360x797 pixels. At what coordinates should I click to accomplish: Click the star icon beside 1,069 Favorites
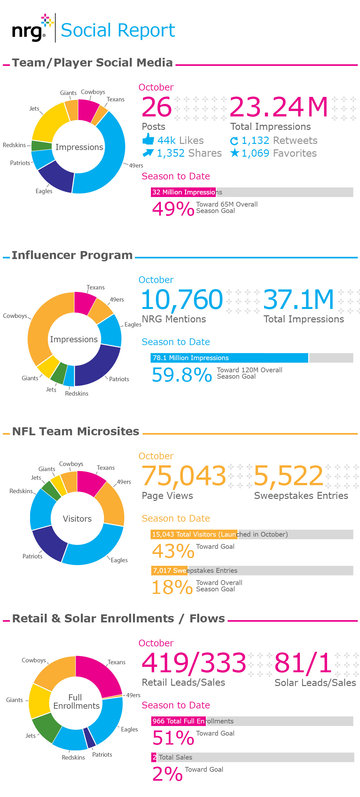point(235,153)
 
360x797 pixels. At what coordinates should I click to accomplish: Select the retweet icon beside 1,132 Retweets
point(234,141)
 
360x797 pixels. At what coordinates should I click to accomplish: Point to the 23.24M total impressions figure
point(278,107)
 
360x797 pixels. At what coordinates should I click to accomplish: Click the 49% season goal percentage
point(173,209)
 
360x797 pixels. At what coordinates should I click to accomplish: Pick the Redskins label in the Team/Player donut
point(14,145)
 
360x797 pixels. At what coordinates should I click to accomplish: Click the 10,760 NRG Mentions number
point(182,300)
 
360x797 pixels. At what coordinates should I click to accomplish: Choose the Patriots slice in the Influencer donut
point(96,366)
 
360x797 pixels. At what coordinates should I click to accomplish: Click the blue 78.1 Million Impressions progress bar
point(229,358)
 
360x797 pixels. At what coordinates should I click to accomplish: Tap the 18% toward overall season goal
point(172,587)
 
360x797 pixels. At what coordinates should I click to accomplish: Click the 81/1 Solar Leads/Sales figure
point(303,663)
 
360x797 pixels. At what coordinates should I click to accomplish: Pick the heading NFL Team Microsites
point(75,431)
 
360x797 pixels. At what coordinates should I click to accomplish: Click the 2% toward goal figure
point(167,774)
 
